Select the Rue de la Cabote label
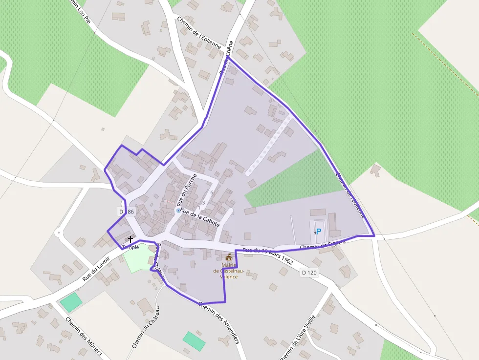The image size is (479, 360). point(200,217)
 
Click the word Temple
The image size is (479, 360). point(131,247)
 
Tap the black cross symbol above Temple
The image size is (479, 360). point(131,239)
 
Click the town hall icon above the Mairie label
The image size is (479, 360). point(229,257)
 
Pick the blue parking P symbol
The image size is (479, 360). point(318,231)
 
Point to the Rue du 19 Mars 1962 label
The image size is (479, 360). point(267,256)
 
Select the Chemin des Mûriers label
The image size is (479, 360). point(84,338)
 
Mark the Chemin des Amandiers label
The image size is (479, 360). point(219,322)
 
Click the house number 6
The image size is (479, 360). point(212,192)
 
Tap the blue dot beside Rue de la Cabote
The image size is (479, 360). point(178,211)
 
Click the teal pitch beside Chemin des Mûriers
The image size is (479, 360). point(71,302)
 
